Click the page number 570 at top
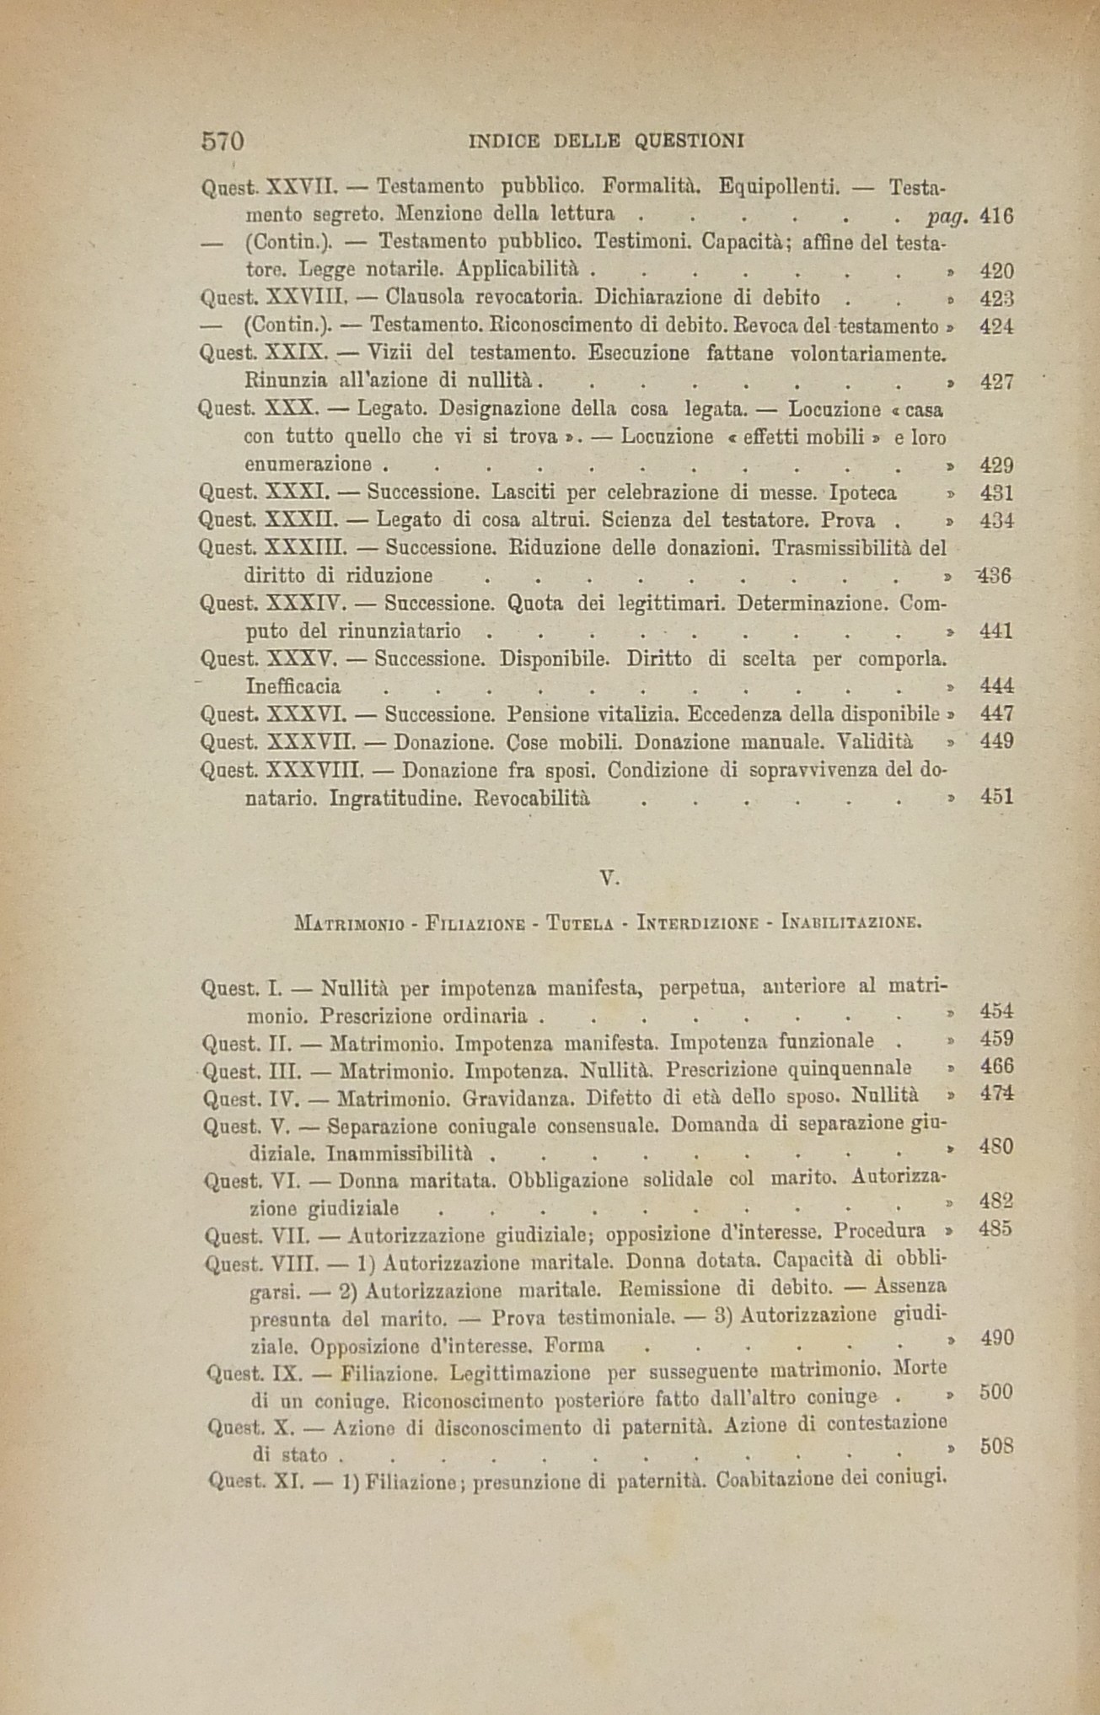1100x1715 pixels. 223,140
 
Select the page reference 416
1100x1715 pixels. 996,215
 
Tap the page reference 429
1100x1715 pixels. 996,465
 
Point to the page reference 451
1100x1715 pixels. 996,797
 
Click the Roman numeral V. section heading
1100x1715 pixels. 609,878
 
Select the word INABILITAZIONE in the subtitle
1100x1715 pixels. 852,922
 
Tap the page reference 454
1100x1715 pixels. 997,1011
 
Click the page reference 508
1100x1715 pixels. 996,1446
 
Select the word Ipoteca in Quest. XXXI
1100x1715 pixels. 863,492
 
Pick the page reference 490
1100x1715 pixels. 996,1338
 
